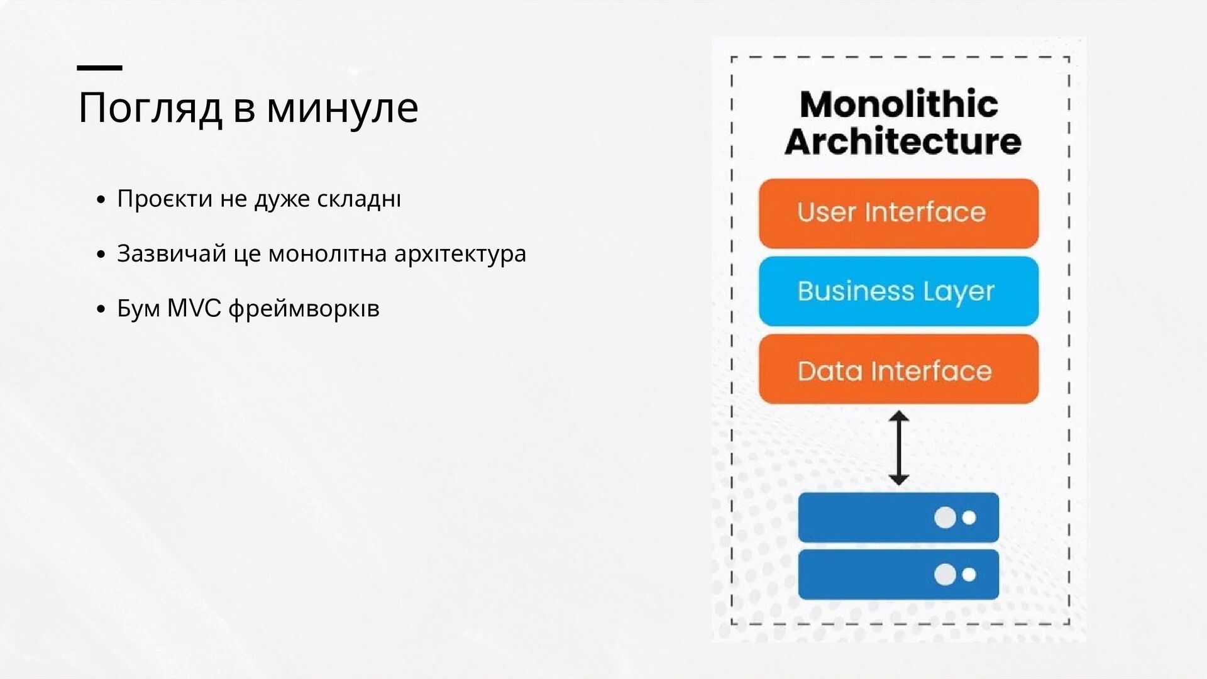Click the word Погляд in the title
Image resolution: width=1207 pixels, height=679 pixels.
pyautogui.click(x=150, y=108)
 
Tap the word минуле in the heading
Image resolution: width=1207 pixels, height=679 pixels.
pyautogui.click(x=343, y=108)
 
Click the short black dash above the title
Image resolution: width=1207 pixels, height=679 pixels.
pyautogui.click(x=99, y=67)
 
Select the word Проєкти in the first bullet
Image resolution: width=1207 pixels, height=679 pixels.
pyautogui.click(x=165, y=199)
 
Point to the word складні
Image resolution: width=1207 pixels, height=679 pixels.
pyautogui.click(x=359, y=199)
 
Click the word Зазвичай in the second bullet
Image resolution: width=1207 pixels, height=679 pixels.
pyautogui.click(x=172, y=253)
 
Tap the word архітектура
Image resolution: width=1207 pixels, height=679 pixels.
pyautogui.click(x=460, y=254)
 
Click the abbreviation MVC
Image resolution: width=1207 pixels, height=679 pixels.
pyautogui.click(x=194, y=308)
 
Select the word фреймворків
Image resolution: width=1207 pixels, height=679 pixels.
pyautogui.click(x=304, y=309)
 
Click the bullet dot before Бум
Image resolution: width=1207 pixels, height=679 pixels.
pyautogui.click(x=101, y=310)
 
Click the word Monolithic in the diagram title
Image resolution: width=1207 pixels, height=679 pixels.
pyautogui.click(x=899, y=104)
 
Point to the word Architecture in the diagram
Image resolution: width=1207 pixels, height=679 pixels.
pyautogui.click(x=903, y=141)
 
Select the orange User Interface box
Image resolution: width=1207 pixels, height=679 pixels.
pyautogui.click(x=898, y=213)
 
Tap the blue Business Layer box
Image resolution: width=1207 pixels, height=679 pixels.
pyautogui.click(x=898, y=291)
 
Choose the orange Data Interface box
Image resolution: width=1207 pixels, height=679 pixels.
pyautogui.click(x=898, y=369)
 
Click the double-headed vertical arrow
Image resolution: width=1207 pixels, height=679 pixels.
pyautogui.click(x=899, y=448)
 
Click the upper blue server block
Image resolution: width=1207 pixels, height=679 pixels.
pyautogui.click(x=898, y=517)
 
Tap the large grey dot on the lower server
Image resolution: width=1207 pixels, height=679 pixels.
pyautogui.click(x=945, y=575)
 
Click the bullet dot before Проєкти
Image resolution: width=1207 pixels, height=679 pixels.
pyautogui.click(x=101, y=201)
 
